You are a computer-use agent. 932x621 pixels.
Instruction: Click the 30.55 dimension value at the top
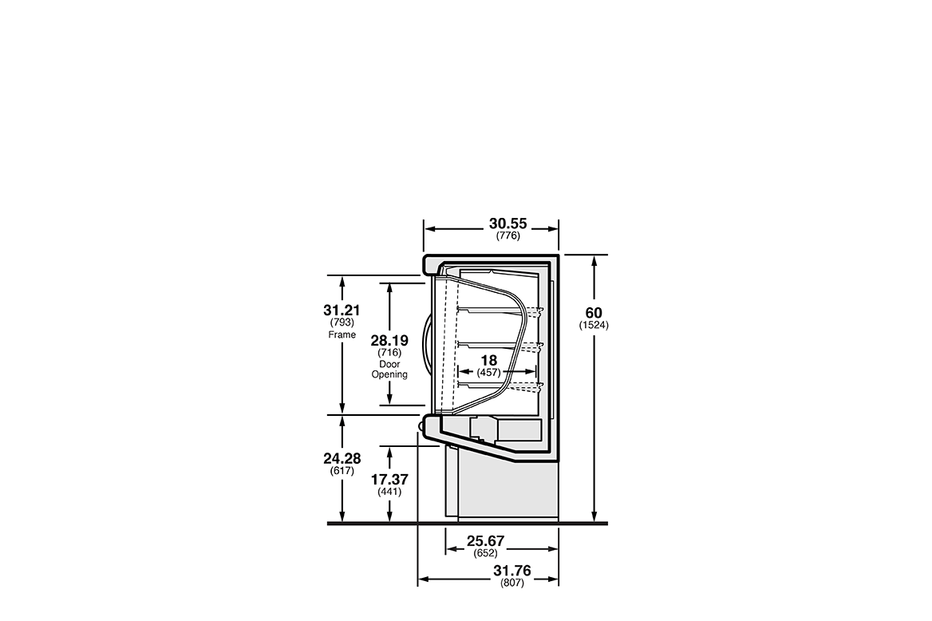[507, 223]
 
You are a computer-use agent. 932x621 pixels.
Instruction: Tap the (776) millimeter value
[508, 236]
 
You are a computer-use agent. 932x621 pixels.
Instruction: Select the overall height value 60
[594, 313]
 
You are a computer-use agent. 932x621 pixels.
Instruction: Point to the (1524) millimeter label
[594, 326]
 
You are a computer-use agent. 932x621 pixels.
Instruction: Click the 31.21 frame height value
[342, 310]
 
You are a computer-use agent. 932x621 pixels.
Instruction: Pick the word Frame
[342, 335]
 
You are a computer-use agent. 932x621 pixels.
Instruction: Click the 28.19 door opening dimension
[389, 341]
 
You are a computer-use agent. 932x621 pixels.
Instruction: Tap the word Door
[389, 364]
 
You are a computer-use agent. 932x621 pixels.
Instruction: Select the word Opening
[389, 374]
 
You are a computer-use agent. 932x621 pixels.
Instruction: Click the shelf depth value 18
[488, 361]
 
